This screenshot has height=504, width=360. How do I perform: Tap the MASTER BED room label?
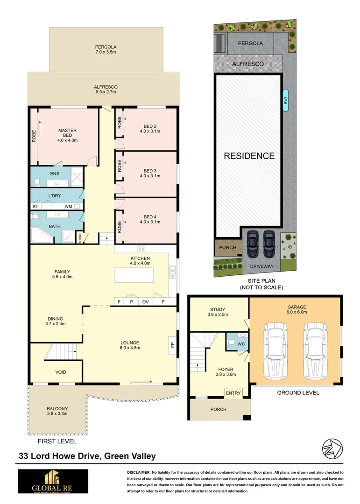pos(67,134)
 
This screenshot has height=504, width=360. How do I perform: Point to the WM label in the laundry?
pos(68,206)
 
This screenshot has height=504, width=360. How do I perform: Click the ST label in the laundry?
pos(35,206)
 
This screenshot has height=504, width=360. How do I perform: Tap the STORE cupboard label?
pos(80,238)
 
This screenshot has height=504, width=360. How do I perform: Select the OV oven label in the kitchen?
pos(145,302)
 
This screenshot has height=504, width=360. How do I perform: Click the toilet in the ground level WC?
pos(233,343)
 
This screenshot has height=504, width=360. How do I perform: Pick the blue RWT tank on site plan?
pos(285,100)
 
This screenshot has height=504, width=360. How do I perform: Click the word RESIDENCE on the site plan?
pos(249,156)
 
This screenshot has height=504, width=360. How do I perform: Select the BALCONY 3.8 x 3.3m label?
pos(56,412)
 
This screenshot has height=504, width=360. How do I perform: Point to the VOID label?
pos(61,372)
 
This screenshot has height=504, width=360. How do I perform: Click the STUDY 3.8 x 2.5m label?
pos(218,312)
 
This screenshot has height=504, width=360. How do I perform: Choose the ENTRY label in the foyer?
pos(233,393)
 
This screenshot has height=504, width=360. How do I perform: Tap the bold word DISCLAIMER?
pos(138,473)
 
